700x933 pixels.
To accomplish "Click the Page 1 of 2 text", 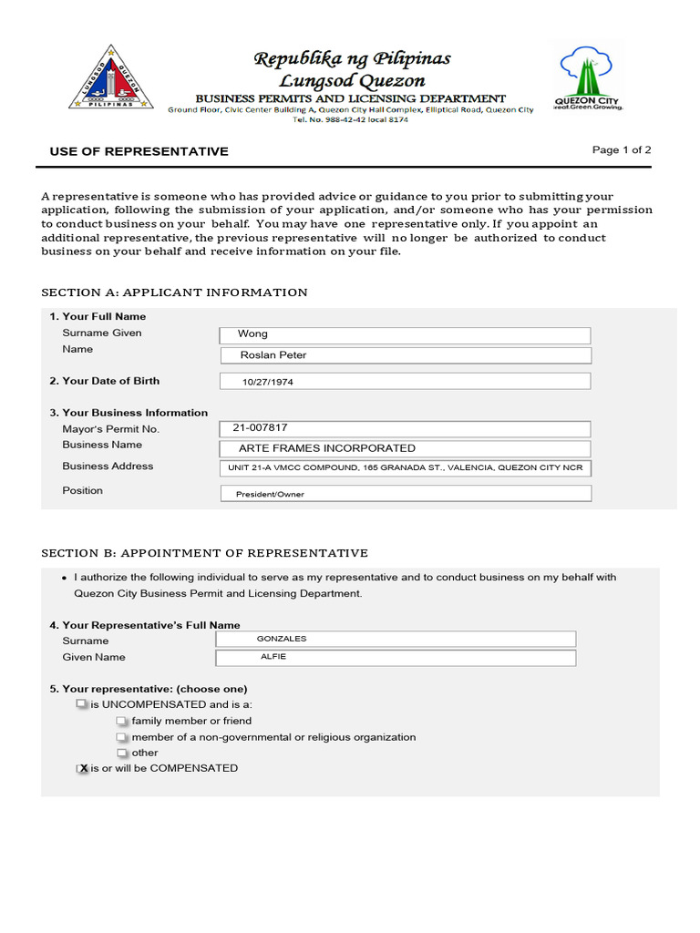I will click(x=622, y=150).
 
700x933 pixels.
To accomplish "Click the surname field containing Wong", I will click(x=405, y=334).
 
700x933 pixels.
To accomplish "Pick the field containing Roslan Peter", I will click(x=405, y=355).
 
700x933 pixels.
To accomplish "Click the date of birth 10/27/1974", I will click(x=405, y=382).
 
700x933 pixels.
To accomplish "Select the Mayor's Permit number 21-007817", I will click(x=405, y=428).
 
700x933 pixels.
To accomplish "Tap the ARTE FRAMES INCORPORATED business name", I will click(x=405, y=448).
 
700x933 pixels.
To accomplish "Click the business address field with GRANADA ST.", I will click(x=405, y=468).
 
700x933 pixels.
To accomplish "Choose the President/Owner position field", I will click(x=405, y=494).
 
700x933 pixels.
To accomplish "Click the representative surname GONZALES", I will click(x=396, y=640).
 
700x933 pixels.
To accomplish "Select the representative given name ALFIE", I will click(x=396, y=658).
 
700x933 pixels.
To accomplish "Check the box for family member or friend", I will click(x=122, y=721).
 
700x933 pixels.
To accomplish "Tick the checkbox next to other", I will click(x=122, y=754).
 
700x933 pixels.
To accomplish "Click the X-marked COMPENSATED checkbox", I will click(x=82, y=769).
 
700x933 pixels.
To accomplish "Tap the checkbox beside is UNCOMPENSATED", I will click(x=82, y=704).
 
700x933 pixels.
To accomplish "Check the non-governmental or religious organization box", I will click(x=122, y=737).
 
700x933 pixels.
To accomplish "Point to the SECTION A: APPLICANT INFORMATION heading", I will click(x=175, y=292).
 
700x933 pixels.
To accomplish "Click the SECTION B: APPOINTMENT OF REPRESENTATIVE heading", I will click(x=205, y=553).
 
